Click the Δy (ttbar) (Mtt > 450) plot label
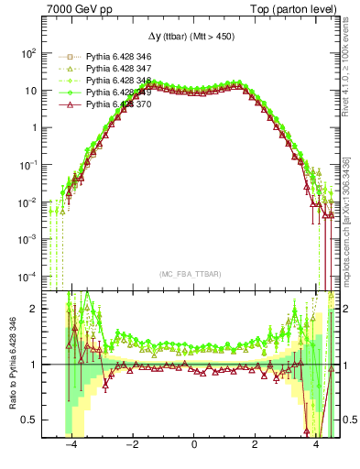194,36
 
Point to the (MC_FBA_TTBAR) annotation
194,273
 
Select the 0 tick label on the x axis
194,445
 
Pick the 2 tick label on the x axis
255,445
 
